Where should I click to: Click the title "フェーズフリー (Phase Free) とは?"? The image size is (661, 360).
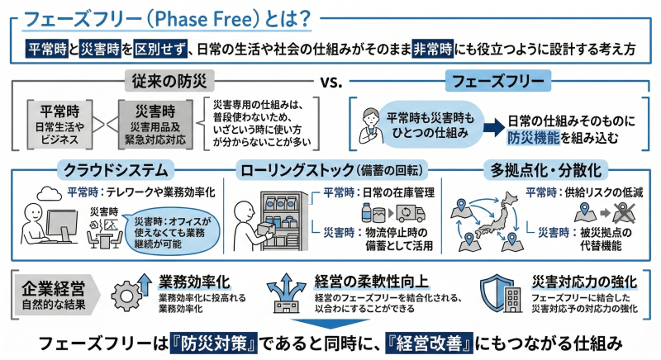(x=168, y=19)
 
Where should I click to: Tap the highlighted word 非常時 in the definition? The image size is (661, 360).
(x=433, y=50)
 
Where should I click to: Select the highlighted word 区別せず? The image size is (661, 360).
(x=160, y=50)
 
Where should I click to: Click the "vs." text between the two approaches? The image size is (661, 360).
(x=331, y=81)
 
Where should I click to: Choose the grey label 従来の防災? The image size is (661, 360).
(x=169, y=81)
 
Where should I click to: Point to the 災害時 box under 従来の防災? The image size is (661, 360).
(x=155, y=124)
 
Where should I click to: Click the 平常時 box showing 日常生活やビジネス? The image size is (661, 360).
(x=59, y=124)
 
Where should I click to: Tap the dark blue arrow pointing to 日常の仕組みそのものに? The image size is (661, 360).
(x=494, y=127)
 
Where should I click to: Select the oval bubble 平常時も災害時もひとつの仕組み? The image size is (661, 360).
(x=430, y=125)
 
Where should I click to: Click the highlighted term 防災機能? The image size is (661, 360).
(x=533, y=138)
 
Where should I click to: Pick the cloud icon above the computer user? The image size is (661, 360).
(x=50, y=193)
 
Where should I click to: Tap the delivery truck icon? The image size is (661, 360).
(x=411, y=214)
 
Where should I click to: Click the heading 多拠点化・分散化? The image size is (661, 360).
(x=546, y=170)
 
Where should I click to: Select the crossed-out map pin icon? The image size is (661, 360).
(x=624, y=213)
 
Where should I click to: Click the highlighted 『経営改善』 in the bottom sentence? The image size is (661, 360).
(x=430, y=343)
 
